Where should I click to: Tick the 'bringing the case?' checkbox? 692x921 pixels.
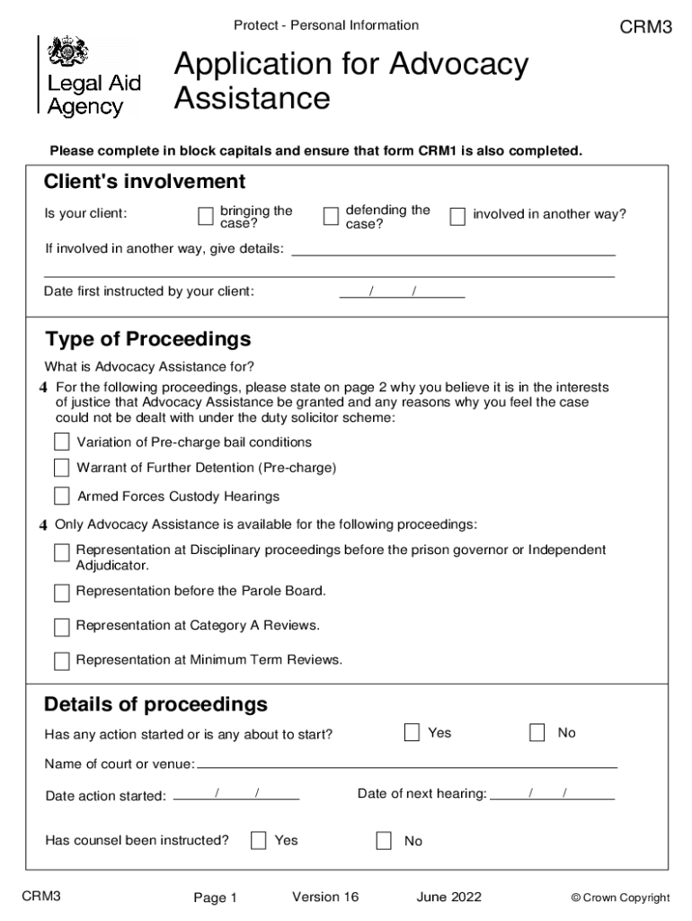point(206,216)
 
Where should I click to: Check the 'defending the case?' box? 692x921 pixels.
point(330,216)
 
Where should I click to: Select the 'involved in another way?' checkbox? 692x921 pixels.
point(457,216)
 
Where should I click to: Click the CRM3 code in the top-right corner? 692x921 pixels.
point(646,27)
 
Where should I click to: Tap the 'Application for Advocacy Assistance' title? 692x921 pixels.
point(351,81)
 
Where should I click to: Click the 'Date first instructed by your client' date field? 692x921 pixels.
point(402,291)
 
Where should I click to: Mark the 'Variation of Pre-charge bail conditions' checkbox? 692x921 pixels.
point(61,442)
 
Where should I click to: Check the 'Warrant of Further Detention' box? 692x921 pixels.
point(61,468)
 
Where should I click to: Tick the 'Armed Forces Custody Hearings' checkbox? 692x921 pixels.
point(61,496)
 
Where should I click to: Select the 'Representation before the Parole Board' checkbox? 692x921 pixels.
point(61,593)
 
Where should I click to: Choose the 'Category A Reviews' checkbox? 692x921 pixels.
point(61,627)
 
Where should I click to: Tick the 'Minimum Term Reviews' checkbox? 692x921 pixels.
point(61,661)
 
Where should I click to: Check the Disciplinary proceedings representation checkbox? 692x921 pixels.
point(61,552)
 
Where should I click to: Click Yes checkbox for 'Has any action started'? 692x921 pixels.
point(412,732)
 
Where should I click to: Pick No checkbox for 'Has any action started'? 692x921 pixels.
point(537,732)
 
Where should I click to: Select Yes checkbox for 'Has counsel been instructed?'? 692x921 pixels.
point(259,841)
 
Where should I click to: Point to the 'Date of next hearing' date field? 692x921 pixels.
point(553,794)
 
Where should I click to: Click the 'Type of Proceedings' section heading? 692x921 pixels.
point(148,339)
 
